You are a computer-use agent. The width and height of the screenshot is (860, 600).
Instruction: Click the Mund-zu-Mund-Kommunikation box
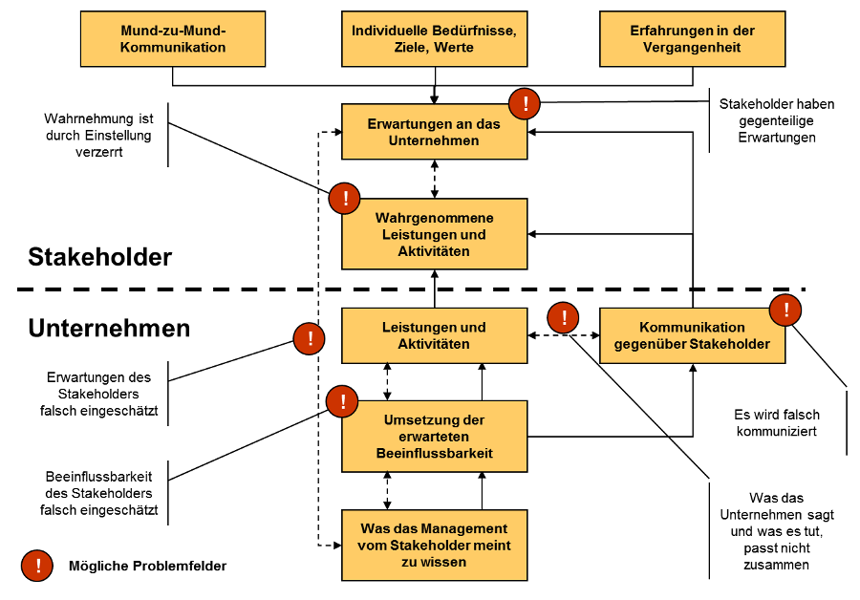pyautogui.click(x=173, y=39)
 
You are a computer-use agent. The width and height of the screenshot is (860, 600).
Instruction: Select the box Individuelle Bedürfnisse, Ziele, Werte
pyautogui.click(x=435, y=39)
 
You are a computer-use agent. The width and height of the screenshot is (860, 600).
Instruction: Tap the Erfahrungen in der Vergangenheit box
pyautogui.click(x=692, y=39)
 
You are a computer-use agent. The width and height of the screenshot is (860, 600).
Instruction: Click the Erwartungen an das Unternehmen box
pyautogui.click(x=435, y=132)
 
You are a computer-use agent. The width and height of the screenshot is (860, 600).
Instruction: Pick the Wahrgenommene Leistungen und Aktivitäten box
pyautogui.click(x=435, y=234)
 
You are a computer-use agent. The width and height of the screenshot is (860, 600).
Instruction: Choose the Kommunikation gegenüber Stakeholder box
pyautogui.click(x=692, y=335)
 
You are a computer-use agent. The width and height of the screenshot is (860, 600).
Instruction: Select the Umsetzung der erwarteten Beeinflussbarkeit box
pyautogui.click(x=435, y=437)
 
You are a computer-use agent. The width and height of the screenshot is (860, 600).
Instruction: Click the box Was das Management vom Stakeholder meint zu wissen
pyautogui.click(x=435, y=546)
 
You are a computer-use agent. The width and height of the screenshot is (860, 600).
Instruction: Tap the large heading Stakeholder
pyautogui.click(x=99, y=257)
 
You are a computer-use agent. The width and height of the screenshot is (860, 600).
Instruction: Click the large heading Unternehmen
pyautogui.click(x=109, y=328)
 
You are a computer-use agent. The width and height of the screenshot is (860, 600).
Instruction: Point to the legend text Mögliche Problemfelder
pyautogui.click(x=147, y=566)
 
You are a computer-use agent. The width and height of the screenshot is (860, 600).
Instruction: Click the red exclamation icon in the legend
pyautogui.click(x=37, y=566)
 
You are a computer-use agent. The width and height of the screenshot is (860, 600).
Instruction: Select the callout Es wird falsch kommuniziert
pyautogui.click(x=777, y=423)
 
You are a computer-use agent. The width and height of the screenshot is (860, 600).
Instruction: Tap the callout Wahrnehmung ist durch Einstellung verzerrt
pyautogui.click(x=98, y=135)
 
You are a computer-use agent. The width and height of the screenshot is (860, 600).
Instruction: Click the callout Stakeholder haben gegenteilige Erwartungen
pyautogui.click(x=777, y=120)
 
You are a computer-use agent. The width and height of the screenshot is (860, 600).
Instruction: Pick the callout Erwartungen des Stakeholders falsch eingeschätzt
pyautogui.click(x=98, y=394)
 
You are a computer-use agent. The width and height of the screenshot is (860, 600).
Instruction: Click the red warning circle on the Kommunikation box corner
pyautogui.click(x=785, y=310)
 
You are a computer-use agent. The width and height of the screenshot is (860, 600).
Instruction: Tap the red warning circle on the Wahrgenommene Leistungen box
pyautogui.click(x=344, y=198)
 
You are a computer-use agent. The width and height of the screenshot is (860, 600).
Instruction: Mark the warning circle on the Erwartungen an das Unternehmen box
pyautogui.click(x=525, y=103)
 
